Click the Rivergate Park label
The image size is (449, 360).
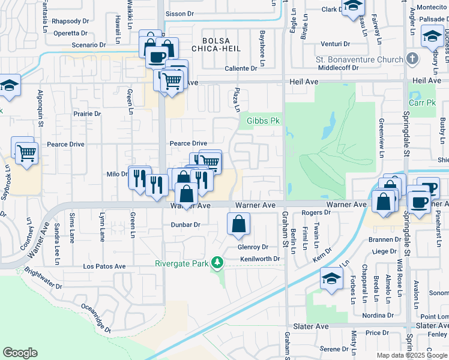point(181,263)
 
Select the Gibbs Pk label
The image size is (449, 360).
point(264,121)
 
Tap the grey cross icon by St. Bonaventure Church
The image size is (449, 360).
point(412,59)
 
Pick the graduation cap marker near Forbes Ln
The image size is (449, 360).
point(331,279)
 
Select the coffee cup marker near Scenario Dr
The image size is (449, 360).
point(157,57)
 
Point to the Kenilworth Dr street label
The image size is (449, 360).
point(261,259)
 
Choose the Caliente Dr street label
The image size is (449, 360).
point(241,68)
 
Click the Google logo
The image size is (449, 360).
point(20,353)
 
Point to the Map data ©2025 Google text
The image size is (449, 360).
point(411,355)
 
